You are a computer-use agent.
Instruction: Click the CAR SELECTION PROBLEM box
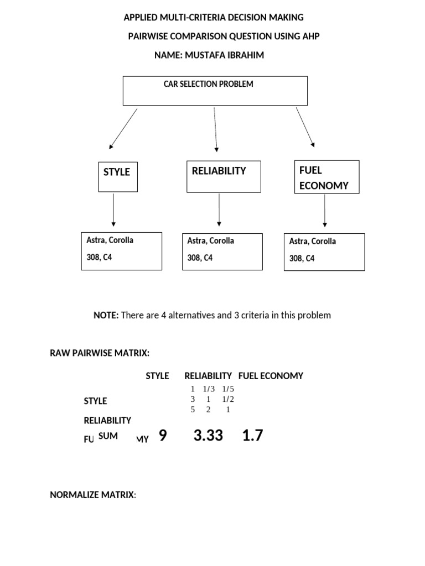click(215, 91)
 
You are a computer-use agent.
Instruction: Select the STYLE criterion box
click(118, 176)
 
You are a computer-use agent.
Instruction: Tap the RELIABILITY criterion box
click(224, 177)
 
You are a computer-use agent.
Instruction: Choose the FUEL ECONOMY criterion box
click(326, 177)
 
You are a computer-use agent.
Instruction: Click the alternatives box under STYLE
click(122, 251)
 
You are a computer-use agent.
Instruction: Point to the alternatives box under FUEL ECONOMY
click(324, 252)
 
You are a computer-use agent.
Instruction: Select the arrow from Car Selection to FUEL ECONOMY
click(305, 127)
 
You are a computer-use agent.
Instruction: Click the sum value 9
click(162, 436)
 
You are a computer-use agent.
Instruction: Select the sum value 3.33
click(208, 436)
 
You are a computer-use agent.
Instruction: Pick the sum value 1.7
click(252, 436)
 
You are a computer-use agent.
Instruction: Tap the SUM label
click(108, 436)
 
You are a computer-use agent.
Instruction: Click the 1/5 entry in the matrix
click(229, 389)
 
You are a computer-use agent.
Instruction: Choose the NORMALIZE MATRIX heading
click(92, 495)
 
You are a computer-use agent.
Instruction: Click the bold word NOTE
click(106, 315)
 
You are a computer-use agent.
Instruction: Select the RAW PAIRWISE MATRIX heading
click(100, 353)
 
